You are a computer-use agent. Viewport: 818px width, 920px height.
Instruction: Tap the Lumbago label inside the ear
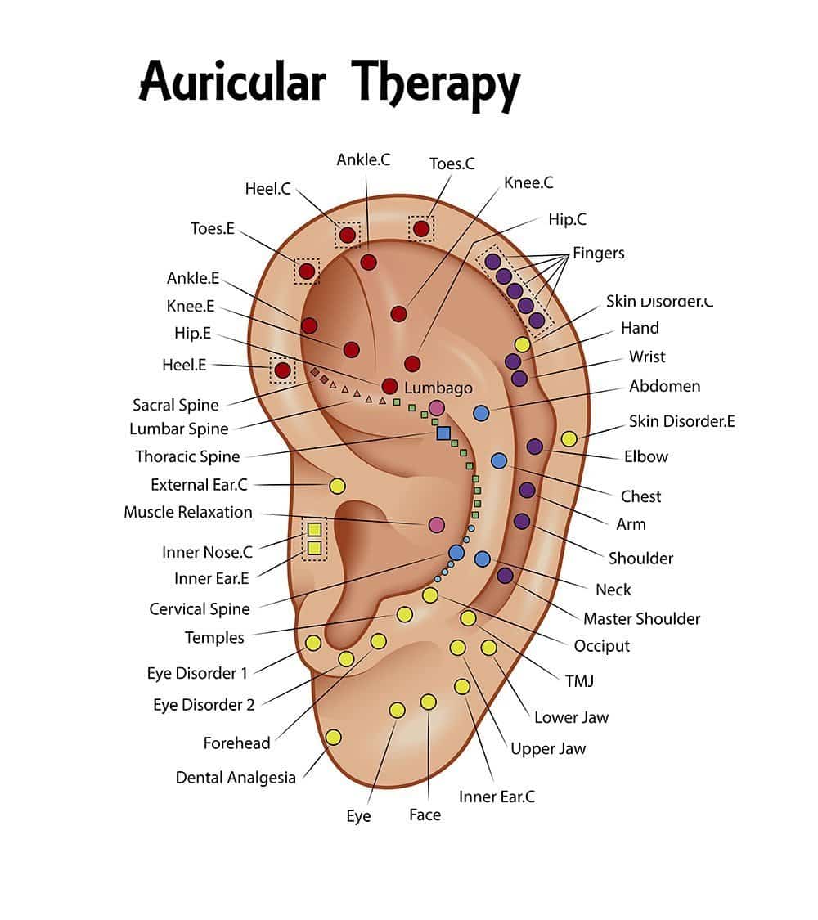click(438, 388)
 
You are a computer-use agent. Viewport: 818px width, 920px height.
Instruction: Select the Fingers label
click(599, 254)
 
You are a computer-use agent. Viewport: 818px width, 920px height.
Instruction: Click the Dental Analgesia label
click(236, 778)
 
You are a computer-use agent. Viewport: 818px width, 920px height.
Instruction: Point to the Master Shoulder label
click(641, 619)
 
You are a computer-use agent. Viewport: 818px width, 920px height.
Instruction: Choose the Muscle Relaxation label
click(188, 512)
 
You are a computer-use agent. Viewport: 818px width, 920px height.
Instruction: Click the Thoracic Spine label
click(187, 456)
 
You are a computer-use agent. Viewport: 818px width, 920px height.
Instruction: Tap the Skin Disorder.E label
click(682, 421)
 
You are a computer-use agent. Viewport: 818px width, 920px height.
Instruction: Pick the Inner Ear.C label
click(497, 797)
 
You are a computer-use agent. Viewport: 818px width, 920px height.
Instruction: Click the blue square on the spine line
click(443, 433)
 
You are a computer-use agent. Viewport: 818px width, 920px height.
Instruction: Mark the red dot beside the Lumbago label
click(389, 386)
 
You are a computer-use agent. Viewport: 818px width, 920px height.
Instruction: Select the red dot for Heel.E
click(283, 370)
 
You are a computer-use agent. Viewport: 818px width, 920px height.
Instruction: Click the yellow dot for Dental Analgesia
click(333, 738)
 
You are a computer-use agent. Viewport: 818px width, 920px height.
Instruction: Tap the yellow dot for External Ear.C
click(337, 486)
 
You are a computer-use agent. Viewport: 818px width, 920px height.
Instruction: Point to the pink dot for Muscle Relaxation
click(436, 524)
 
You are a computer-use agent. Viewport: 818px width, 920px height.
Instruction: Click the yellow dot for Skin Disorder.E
click(569, 438)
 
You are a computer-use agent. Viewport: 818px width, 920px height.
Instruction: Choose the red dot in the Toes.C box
click(420, 228)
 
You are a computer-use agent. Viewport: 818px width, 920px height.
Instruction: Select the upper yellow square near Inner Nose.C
click(315, 530)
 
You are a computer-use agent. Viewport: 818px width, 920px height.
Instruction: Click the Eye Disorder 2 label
click(204, 705)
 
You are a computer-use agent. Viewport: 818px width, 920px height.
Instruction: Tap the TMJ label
click(579, 681)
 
